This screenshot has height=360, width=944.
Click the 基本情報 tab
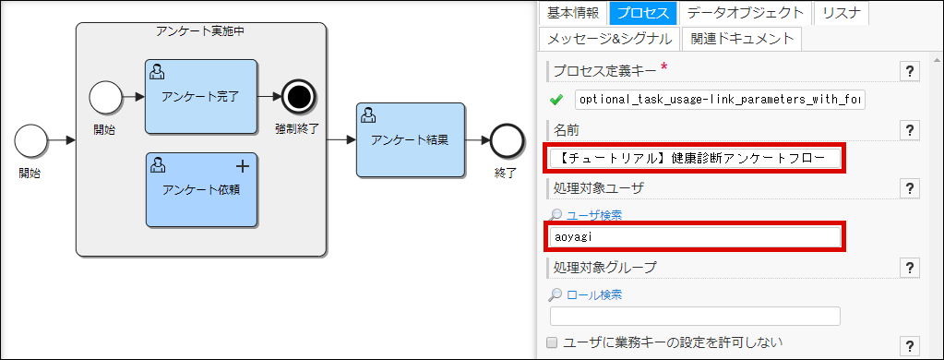point(572,13)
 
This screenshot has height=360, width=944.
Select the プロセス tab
point(643,13)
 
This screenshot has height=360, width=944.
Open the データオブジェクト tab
point(747,13)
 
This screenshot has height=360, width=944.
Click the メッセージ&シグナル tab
point(607,39)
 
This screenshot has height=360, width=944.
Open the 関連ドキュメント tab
point(742,39)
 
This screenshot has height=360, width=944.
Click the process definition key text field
point(720,99)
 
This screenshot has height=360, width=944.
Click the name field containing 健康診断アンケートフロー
point(696,158)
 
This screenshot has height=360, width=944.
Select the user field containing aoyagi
point(696,236)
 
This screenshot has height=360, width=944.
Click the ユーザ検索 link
point(593,215)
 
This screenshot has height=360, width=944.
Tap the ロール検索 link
point(593,294)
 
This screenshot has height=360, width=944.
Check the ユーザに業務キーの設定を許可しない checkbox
point(552,342)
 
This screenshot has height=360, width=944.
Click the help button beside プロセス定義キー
point(910,72)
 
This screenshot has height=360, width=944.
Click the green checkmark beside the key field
point(556,100)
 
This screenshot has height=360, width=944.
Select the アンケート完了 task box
point(200,96)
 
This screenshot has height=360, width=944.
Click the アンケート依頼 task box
point(200,189)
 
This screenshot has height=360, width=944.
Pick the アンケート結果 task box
point(411,140)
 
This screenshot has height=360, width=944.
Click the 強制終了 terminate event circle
point(299,95)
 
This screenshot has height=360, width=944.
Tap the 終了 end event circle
point(506,140)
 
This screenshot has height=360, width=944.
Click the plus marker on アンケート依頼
point(243,166)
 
